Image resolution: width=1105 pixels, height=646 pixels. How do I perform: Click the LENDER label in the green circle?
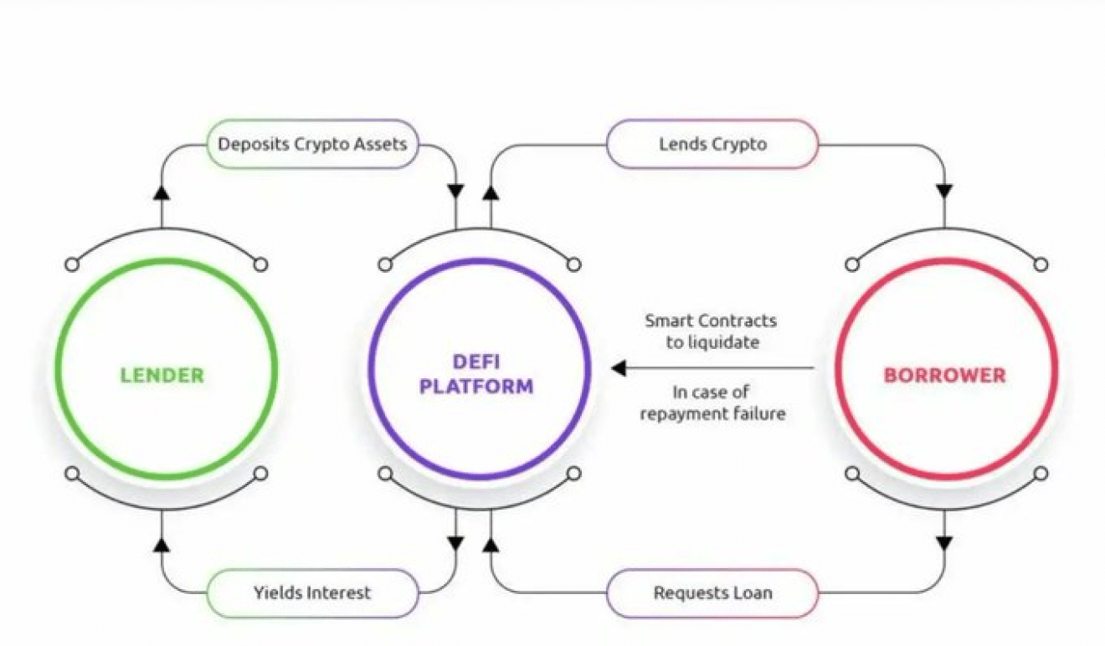pyautogui.click(x=162, y=375)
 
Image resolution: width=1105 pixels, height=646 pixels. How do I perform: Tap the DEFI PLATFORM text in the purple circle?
pyautogui.click(x=476, y=374)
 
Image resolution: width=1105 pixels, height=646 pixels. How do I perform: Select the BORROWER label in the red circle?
pyautogui.click(x=945, y=375)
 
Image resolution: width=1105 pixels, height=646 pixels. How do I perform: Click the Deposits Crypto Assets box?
pyautogui.click(x=312, y=144)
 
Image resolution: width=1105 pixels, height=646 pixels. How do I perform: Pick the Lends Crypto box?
pyautogui.click(x=712, y=144)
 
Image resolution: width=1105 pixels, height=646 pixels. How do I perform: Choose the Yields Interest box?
pyautogui.click(x=312, y=593)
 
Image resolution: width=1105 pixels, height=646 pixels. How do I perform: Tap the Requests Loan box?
pyautogui.click(x=712, y=593)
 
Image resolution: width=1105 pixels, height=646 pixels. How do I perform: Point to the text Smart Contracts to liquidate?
pyautogui.click(x=711, y=331)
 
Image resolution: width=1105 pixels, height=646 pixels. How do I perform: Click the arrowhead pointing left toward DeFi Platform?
pyautogui.click(x=619, y=368)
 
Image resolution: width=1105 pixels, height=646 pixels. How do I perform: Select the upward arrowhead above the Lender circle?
pyautogui.click(x=162, y=192)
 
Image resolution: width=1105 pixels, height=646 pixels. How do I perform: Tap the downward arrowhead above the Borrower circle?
pyautogui.click(x=944, y=191)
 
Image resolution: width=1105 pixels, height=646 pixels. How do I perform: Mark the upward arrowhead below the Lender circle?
pyautogui.click(x=162, y=545)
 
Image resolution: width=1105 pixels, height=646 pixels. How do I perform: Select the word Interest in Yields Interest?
pyautogui.click(x=338, y=593)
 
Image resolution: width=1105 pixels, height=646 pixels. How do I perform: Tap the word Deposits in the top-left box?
pyautogui.click(x=254, y=144)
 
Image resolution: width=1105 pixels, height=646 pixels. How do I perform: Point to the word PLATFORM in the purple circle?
pyautogui.click(x=476, y=387)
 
